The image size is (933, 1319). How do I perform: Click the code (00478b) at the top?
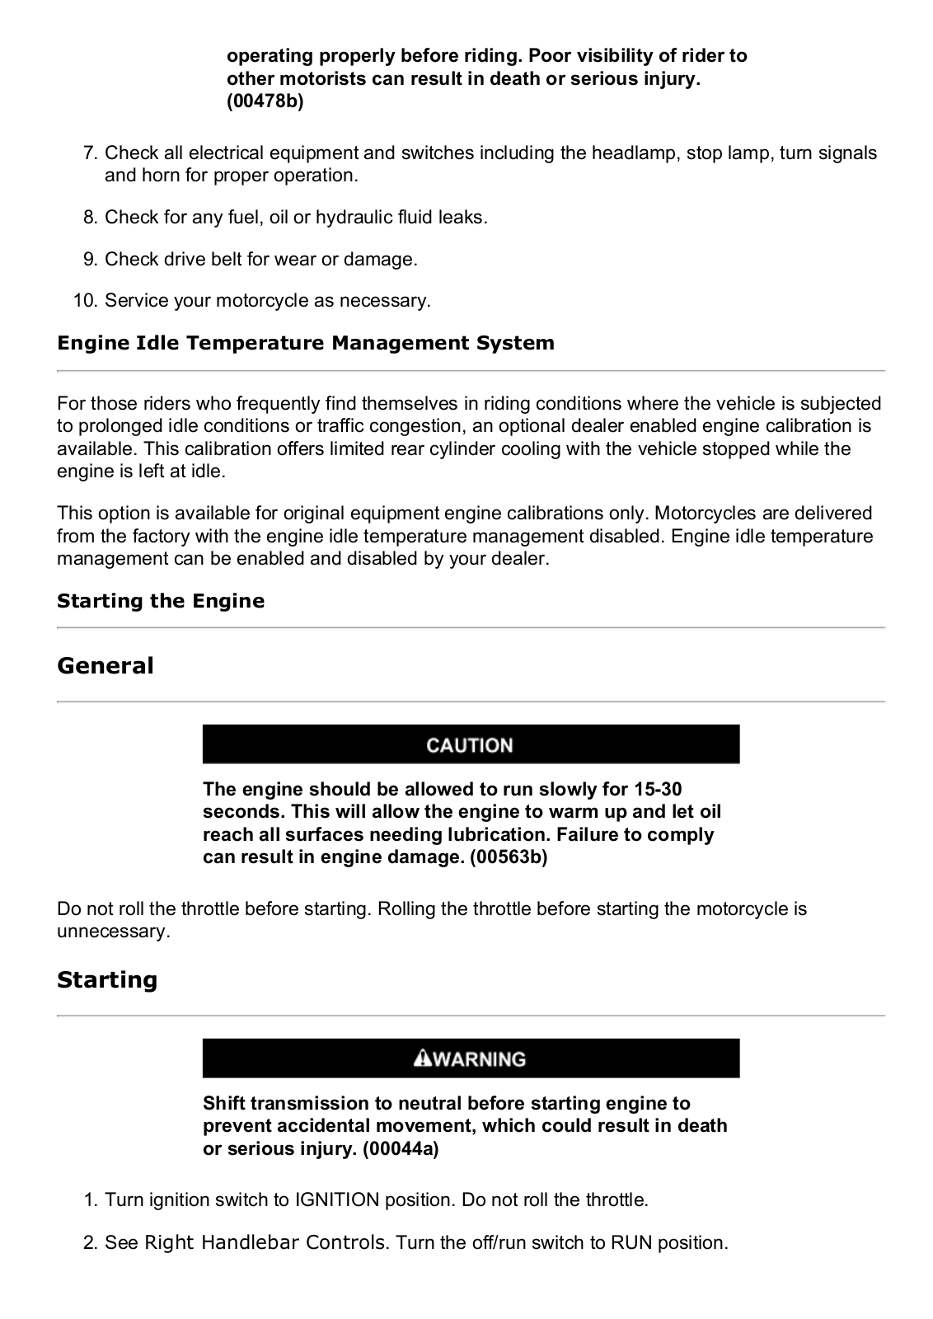(265, 101)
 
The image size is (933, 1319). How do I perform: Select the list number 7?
(91, 153)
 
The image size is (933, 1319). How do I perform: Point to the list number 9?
(91, 260)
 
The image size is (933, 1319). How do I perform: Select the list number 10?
(86, 301)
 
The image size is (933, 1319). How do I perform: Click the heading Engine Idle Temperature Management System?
(306, 343)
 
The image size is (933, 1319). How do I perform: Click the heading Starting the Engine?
(161, 601)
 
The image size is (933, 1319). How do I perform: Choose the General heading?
(105, 666)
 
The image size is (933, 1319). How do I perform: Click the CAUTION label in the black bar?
(470, 745)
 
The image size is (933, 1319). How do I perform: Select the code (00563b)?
(509, 857)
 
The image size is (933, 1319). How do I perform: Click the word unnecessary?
(113, 932)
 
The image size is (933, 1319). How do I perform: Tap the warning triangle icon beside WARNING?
(424, 1058)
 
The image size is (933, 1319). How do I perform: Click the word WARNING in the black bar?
(479, 1059)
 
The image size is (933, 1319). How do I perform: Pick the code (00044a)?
(401, 1149)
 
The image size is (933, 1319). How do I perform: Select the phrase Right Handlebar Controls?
(265, 1242)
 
